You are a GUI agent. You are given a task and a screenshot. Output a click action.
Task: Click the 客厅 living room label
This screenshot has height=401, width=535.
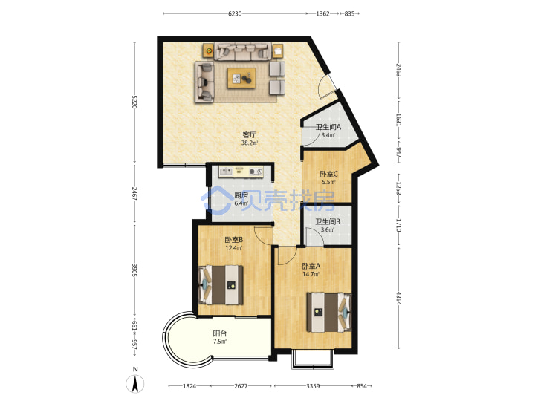click(x=249, y=134)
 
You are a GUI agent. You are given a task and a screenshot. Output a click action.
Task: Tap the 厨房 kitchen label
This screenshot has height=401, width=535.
click(x=241, y=195)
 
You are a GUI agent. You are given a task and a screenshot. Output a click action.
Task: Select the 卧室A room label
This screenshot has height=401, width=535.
click(x=311, y=266)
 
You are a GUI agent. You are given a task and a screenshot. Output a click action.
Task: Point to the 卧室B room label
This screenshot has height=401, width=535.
click(x=234, y=240)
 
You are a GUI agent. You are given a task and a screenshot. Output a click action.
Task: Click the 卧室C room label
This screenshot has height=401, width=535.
click(x=328, y=175)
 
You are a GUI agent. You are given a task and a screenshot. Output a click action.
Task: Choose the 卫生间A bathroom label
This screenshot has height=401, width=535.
click(x=328, y=127)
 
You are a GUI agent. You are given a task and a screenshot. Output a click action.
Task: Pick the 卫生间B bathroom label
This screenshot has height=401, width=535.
click(x=328, y=221)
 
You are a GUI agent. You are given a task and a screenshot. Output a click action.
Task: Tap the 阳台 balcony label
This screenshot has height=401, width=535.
click(x=220, y=333)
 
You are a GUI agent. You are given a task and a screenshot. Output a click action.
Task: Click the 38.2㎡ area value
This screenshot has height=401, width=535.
click(x=250, y=143)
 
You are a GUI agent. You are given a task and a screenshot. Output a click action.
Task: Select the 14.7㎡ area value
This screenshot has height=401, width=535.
click(x=311, y=274)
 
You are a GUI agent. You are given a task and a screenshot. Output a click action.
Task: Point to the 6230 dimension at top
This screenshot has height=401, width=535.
click(x=235, y=13)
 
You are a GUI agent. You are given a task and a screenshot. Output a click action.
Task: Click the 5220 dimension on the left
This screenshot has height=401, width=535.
click(x=134, y=102)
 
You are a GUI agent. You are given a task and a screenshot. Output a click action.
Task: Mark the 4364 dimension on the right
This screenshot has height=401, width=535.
click(x=398, y=298)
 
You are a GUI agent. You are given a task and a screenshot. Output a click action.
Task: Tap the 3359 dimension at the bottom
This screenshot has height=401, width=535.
click(x=313, y=386)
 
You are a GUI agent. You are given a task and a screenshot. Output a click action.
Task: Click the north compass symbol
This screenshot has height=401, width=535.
click(x=135, y=383)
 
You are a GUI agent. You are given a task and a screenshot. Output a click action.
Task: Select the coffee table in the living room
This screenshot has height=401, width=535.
click(x=241, y=78)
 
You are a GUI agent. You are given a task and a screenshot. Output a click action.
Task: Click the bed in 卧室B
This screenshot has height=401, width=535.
click(x=221, y=285)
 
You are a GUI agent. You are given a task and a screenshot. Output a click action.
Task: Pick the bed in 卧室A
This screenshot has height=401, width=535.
click(x=329, y=312)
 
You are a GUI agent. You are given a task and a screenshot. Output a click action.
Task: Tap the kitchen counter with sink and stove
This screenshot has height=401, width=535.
click(x=241, y=172)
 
